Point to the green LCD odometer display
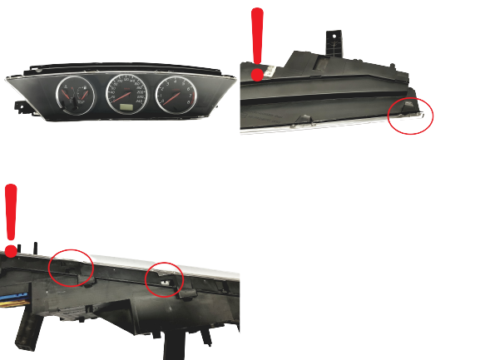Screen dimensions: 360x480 tap(126, 106)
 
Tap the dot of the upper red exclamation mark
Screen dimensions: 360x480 tap(257, 75)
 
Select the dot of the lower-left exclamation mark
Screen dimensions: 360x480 tap(10, 249)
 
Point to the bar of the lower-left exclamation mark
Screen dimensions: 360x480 tap(11, 212)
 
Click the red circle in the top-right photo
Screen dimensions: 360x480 tap(412, 116)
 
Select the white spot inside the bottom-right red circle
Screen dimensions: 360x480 tap(166, 283)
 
